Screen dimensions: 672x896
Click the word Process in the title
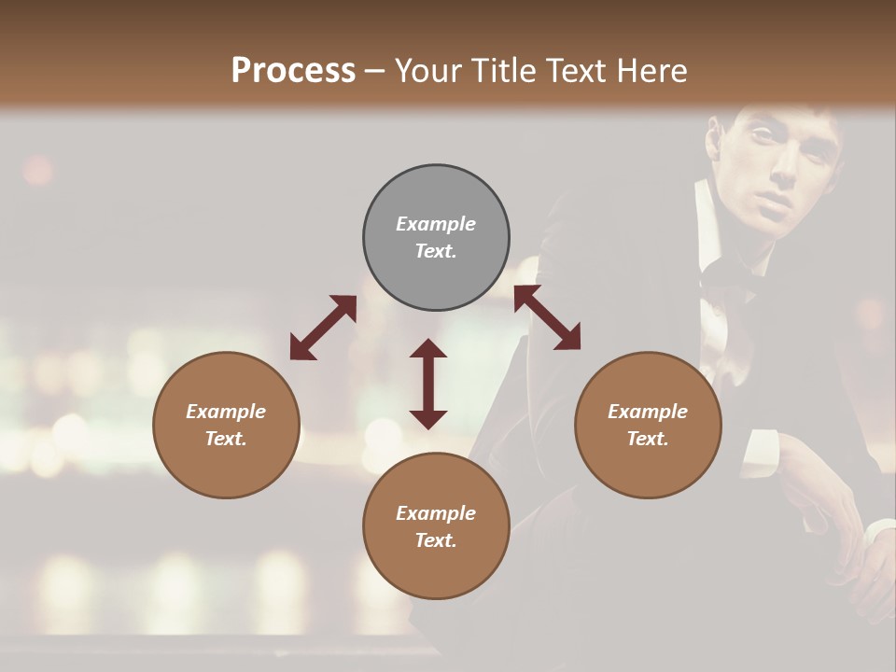pos(293,71)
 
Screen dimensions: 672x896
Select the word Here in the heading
pos(651,71)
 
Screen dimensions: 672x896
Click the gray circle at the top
pos(436,237)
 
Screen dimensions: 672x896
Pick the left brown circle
pos(226,425)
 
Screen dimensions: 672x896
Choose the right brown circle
pos(648,425)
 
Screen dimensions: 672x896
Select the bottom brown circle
pos(436,526)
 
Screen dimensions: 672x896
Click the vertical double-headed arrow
pos(428,384)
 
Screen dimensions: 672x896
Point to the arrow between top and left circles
pos(323,328)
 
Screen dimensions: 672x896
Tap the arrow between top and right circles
pos(547,317)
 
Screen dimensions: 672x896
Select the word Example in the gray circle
pos(436,224)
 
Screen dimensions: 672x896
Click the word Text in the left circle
pos(226,439)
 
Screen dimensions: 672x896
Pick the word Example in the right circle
pos(648,412)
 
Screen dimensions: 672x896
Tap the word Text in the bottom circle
pos(435,540)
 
